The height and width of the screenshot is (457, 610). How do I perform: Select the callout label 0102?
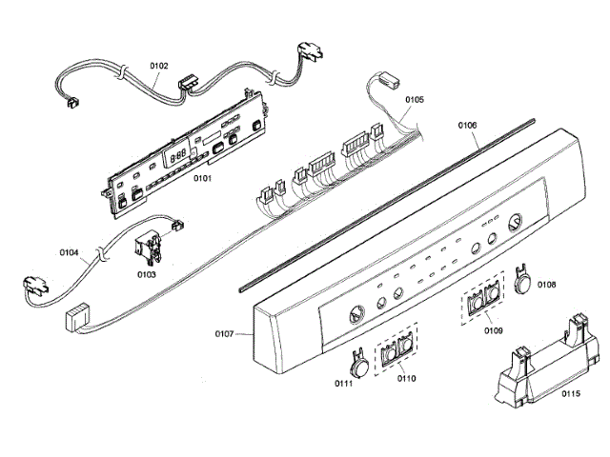pyautogui.click(x=158, y=66)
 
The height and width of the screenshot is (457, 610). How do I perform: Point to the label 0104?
pyautogui.click(x=68, y=254)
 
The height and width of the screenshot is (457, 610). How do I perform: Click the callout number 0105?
pyautogui.click(x=415, y=98)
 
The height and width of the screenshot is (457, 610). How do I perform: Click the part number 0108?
pyautogui.click(x=546, y=284)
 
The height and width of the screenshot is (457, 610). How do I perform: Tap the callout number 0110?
pyautogui.click(x=406, y=378)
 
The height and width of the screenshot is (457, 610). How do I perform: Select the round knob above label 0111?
pyautogui.click(x=359, y=362)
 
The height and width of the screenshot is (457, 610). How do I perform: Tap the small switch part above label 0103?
pyautogui.click(x=147, y=249)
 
